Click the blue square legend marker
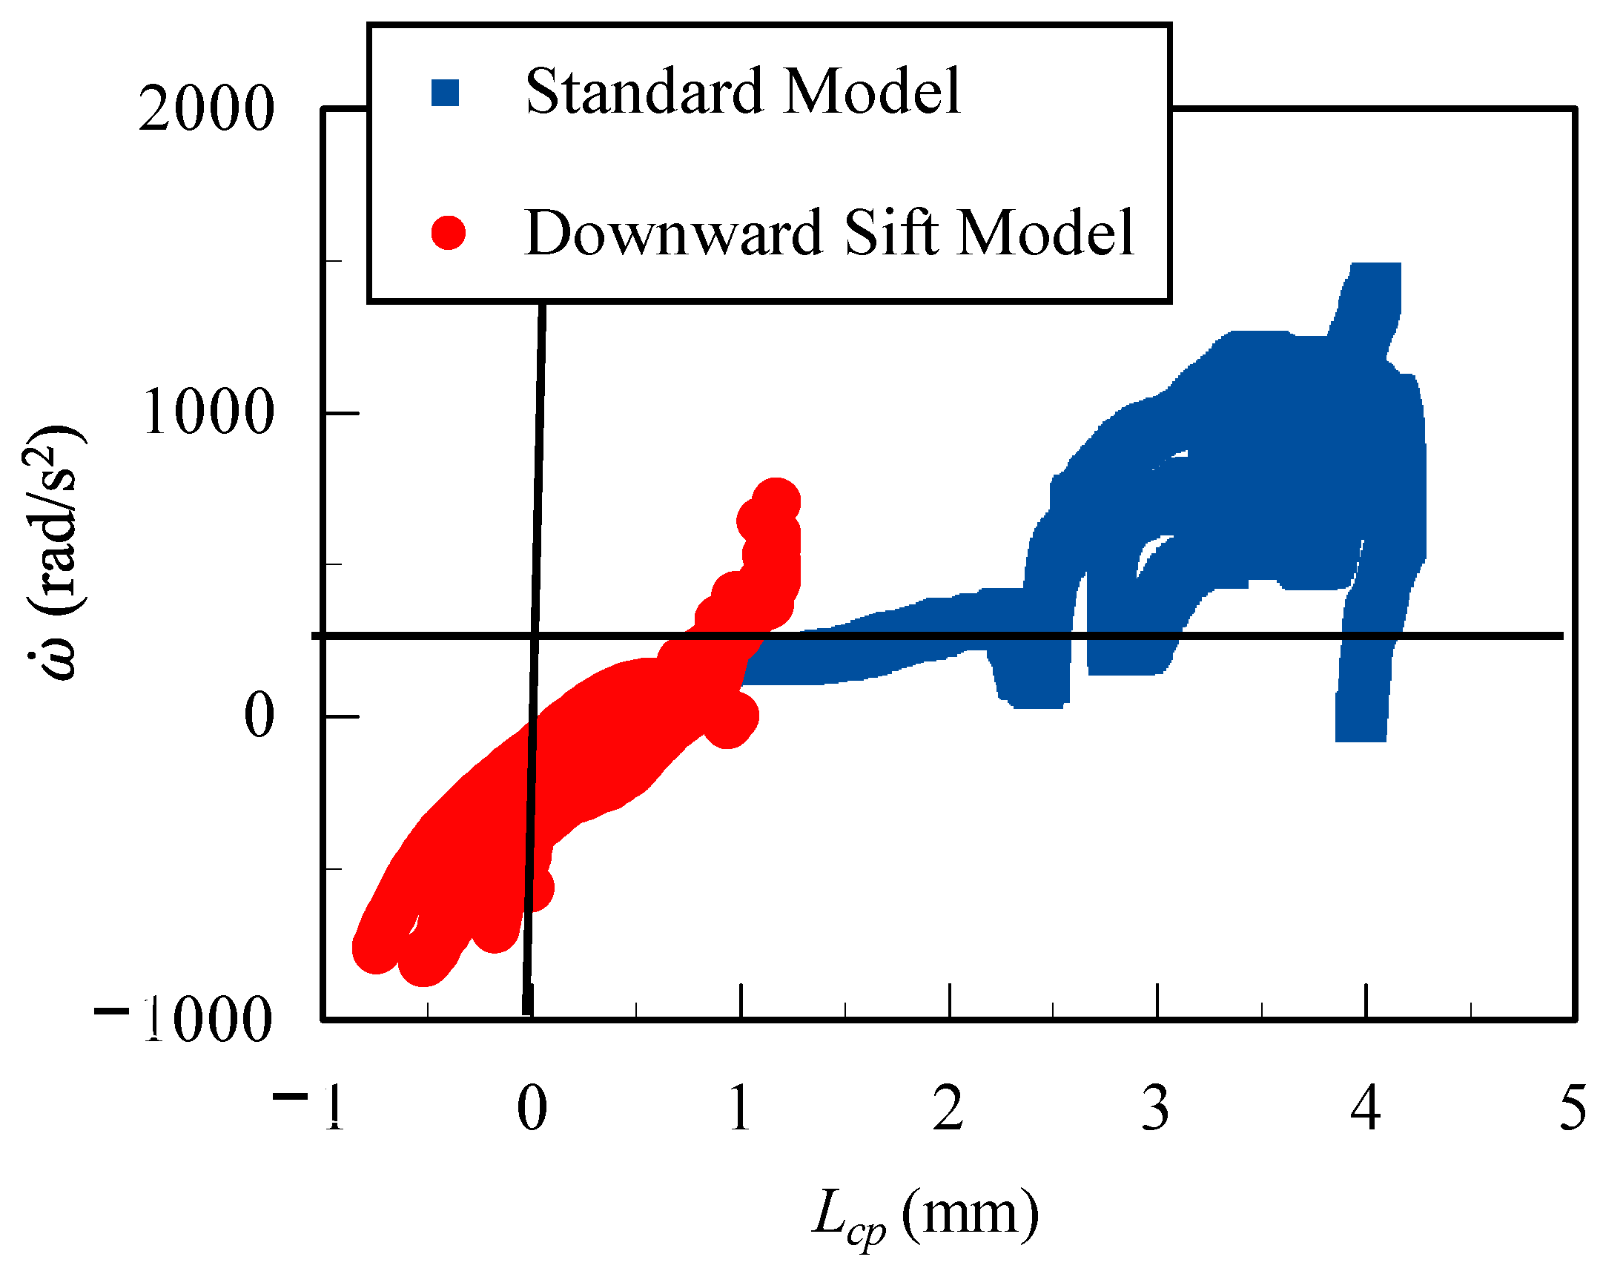446,93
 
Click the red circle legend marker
449,233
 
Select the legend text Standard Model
743,92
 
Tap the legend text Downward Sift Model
829,233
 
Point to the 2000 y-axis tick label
207,110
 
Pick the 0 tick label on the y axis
260,716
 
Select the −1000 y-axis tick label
182,1019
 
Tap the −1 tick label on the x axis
308,1109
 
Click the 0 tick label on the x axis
532,1109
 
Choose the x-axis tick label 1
740,1109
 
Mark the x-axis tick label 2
948,1109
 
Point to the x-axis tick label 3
1156,1109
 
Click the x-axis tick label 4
1365,1109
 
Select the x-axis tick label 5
1573,1109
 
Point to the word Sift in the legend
892,233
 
